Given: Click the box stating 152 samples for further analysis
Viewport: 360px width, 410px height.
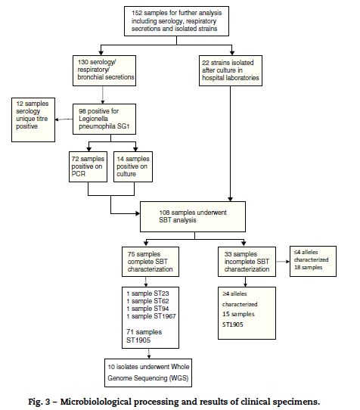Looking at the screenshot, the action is [176, 21].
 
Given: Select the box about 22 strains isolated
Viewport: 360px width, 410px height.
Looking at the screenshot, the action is [231, 70].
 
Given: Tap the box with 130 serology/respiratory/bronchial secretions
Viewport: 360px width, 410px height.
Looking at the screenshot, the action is [104, 70].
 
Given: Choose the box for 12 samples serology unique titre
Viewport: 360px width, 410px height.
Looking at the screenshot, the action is [33, 120].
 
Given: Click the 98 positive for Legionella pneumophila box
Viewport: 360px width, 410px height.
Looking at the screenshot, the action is [104, 119].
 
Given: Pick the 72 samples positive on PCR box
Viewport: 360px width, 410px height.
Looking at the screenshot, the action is [88, 166].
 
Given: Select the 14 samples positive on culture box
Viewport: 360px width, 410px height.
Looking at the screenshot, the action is [133, 166].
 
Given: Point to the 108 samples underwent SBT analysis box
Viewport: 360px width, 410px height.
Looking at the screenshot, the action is [193, 216].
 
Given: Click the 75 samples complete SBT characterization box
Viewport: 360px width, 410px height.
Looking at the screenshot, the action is [151, 262].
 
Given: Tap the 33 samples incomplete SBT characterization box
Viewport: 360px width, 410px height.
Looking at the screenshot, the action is [247, 262].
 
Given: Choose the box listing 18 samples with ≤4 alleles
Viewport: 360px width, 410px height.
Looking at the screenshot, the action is [313, 261].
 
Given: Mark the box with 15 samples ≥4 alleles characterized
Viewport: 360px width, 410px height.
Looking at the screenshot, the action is [247, 313].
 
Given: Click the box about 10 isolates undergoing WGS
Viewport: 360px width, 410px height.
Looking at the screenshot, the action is [148, 373].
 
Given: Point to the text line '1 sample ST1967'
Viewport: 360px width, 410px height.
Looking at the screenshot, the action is [151, 316].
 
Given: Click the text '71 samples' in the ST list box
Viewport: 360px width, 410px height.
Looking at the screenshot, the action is [144, 332].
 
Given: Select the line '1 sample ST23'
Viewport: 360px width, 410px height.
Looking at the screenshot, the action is [147, 294].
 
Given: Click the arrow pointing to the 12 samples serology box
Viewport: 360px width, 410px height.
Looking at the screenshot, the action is [64, 120].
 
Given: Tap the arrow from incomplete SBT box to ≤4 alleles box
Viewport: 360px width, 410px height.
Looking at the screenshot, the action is [283, 262].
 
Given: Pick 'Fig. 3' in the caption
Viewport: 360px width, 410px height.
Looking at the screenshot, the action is [39, 402].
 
